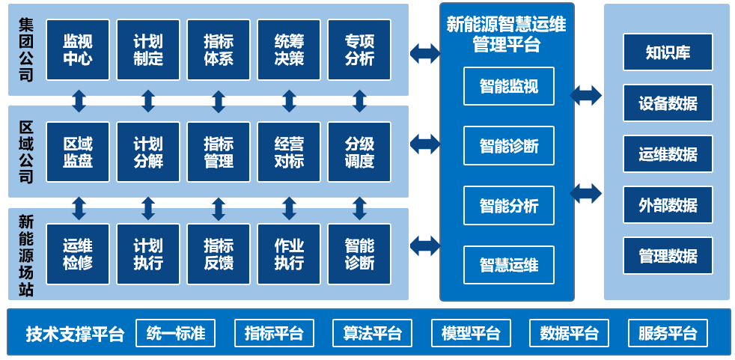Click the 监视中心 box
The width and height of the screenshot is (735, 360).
click(78, 50)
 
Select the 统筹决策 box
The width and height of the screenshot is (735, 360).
click(289, 50)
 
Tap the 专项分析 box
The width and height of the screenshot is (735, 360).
click(359, 50)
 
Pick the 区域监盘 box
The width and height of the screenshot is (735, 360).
click(78, 152)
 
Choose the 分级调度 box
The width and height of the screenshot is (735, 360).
click(359, 152)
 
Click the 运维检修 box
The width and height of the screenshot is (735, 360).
click(78, 254)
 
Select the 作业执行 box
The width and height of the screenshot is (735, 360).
click(289, 254)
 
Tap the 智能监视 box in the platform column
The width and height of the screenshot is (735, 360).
click(508, 86)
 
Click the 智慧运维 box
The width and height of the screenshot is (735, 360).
click(508, 265)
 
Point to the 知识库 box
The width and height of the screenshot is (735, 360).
click(668, 52)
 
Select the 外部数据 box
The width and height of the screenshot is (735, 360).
click(668, 205)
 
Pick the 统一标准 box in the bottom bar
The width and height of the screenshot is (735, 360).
click(175, 333)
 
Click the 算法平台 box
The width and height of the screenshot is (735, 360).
click(372, 333)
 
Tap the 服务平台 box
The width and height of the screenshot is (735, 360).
click(668, 333)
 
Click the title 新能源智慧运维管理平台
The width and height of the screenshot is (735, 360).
click(506, 34)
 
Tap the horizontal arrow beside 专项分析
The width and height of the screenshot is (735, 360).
click(424, 53)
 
